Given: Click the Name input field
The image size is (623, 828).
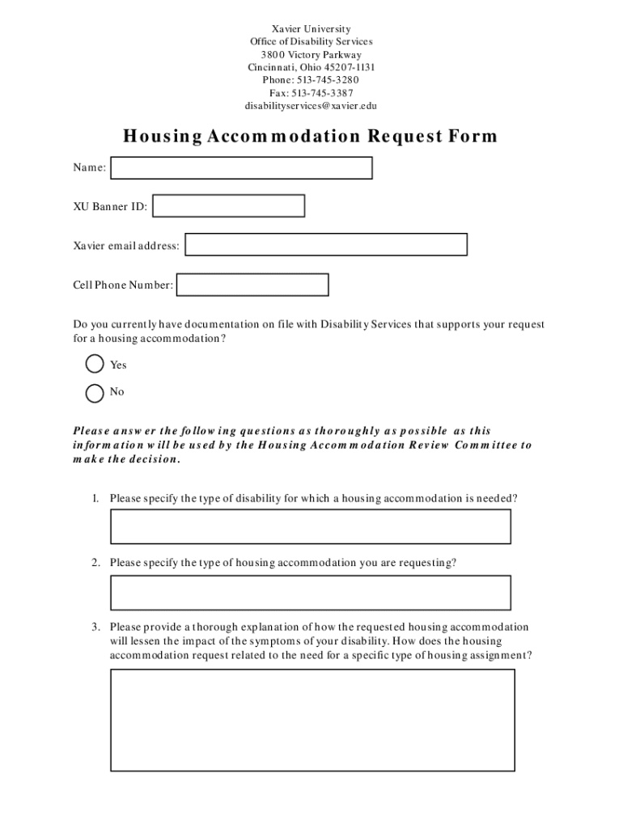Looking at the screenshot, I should tap(241, 167).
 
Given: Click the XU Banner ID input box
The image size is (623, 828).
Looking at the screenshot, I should tap(228, 206).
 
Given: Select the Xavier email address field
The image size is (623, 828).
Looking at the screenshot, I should tap(326, 245).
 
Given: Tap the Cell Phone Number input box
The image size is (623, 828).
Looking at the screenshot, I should tap(252, 285).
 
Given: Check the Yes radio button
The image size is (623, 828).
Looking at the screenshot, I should tap(95, 364).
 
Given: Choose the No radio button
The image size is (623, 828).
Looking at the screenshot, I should tap(95, 392).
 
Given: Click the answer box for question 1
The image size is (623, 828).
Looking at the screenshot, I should tap(311, 526).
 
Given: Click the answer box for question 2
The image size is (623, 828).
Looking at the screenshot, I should tap(311, 593).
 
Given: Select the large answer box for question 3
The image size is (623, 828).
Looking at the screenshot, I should tap(312, 720).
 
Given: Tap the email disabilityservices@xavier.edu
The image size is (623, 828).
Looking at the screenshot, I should tap(311, 106).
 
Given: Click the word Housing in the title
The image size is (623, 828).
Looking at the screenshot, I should tap(162, 137).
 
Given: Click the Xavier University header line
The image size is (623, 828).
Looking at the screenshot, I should tap(311, 29).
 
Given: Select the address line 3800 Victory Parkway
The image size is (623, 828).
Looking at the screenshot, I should tap(311, 55).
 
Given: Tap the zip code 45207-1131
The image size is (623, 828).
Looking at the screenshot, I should tap(350, 67).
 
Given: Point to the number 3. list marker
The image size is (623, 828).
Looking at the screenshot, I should tap(95, 627).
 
